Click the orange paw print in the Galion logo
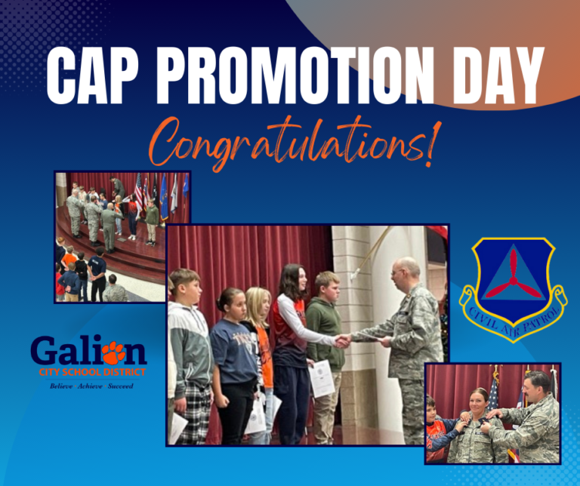coord(113,353)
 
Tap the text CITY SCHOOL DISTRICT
coord(92,372)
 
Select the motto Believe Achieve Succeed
coord(91,386)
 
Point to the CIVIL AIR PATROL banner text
coord(513,321)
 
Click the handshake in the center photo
coord(344,340)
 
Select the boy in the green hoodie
coord(326,351)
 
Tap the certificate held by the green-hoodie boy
coord(322,378)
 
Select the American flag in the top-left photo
coord(139,192)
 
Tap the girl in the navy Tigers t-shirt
coord(233,366)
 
